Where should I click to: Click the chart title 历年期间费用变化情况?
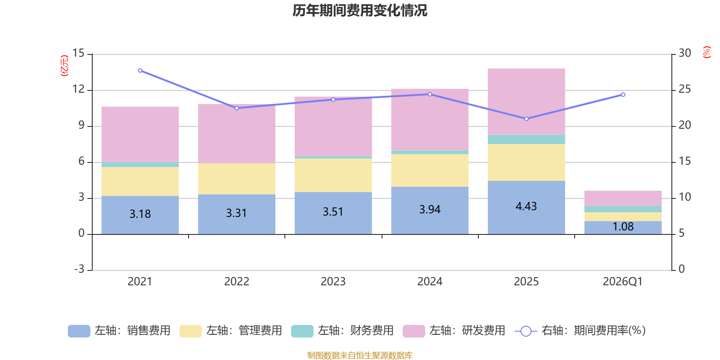coord(360,10)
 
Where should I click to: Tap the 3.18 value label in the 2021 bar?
coord(140,214)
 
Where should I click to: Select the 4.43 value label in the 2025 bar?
coord(526,207)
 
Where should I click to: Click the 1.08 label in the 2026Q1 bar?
coord(623,227)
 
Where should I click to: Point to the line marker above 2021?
coord(140,71)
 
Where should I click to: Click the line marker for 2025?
coord(526,119)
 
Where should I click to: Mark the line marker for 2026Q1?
coord(623,94)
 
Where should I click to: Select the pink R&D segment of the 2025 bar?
coord(526,102)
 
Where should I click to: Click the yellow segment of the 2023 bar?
coord(333,175)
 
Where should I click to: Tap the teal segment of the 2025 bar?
coord(526,139)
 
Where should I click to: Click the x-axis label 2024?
coord(430,282)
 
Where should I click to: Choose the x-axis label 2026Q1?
coord(622,282)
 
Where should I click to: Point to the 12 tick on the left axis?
coord(79,90)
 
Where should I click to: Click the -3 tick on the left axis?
coord(79,269)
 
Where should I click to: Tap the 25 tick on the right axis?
coord(684,90)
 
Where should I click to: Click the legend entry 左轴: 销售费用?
coord(119,331)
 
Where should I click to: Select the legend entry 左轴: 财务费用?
coord(342,331)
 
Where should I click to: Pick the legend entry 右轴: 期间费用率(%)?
coord(580,331)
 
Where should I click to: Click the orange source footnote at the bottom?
coord(360,355)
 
